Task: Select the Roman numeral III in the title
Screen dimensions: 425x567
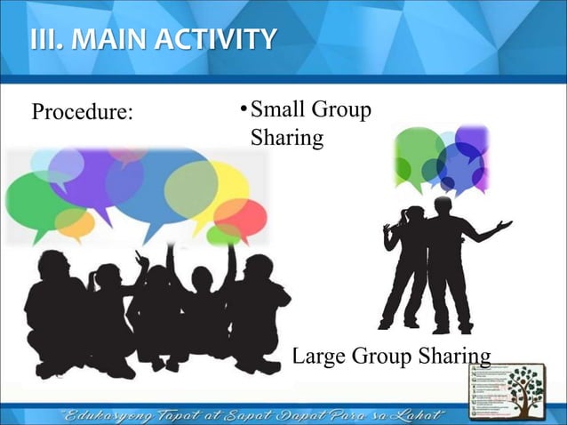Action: point(44,39)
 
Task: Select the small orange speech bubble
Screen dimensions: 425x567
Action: point(74,223)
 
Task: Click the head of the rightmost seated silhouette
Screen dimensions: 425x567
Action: point(258,268)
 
